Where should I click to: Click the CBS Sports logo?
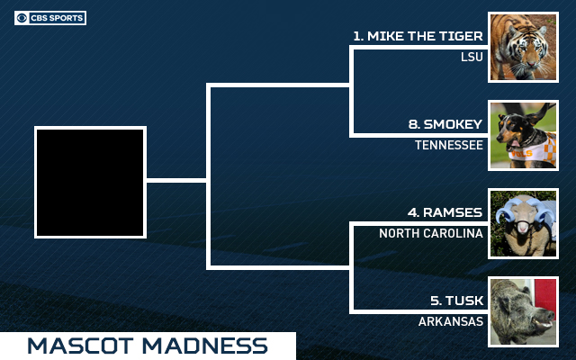click(x=50, y=18)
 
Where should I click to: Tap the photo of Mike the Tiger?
click(x=523, y=47)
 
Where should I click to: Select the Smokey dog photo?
click(x=523, y=135)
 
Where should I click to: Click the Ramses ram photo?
click(x=523, y=223)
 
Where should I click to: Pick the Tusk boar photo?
click(x=523, y=311)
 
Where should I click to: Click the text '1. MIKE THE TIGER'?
click(x=418, y=36)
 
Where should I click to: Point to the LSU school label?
click(x=472, y=57)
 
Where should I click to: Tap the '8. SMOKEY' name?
click(x=445, y=124)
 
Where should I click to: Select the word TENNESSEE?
click(x=449, y=145)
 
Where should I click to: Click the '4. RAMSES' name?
click(x=445, y=212)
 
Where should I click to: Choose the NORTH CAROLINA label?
click(x=431, y=233)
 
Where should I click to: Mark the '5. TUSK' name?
click(x=457, y=301)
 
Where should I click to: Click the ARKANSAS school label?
click(x=451, y=321)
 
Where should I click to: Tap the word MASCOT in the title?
click(x=80, y=346)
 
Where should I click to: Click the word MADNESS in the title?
click(x=205, y=346)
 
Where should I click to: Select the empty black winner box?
click(x=90, y=182)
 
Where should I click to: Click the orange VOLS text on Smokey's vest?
click(x=521, y=154)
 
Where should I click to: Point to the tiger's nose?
click(x=530, y=64)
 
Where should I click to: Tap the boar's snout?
click(x=550, y=316)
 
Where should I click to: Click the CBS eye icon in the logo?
click(x=22, y=18)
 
